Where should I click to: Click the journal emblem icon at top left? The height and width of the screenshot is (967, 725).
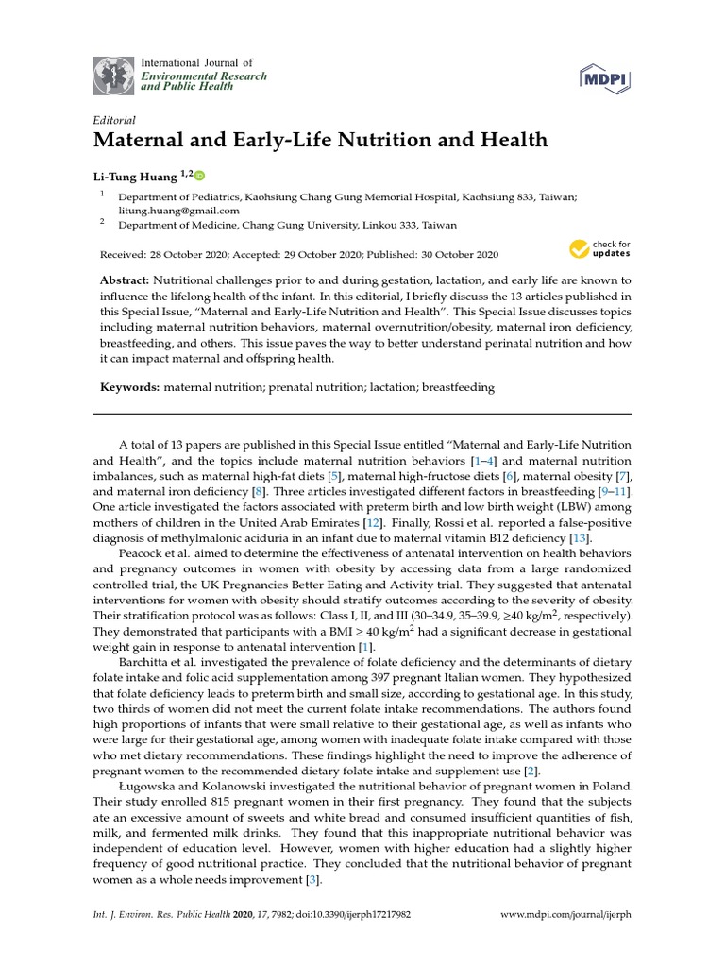(x=114, y=75)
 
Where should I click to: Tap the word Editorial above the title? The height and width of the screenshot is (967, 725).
(x=114, y=120)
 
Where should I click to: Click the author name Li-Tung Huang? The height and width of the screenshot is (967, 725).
(x=133, y=175)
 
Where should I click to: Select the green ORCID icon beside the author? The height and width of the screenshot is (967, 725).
(x=199, y=175)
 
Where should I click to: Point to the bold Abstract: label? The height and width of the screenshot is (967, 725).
(x=125, y=281)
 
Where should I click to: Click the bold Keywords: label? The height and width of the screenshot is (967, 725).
(x=130, y=387)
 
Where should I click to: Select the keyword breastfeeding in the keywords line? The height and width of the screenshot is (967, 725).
(x=458, y=387)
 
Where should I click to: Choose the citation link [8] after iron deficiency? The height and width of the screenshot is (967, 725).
(x=259, y=491)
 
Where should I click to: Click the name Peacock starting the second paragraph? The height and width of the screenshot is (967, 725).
(x=143, y=554)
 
